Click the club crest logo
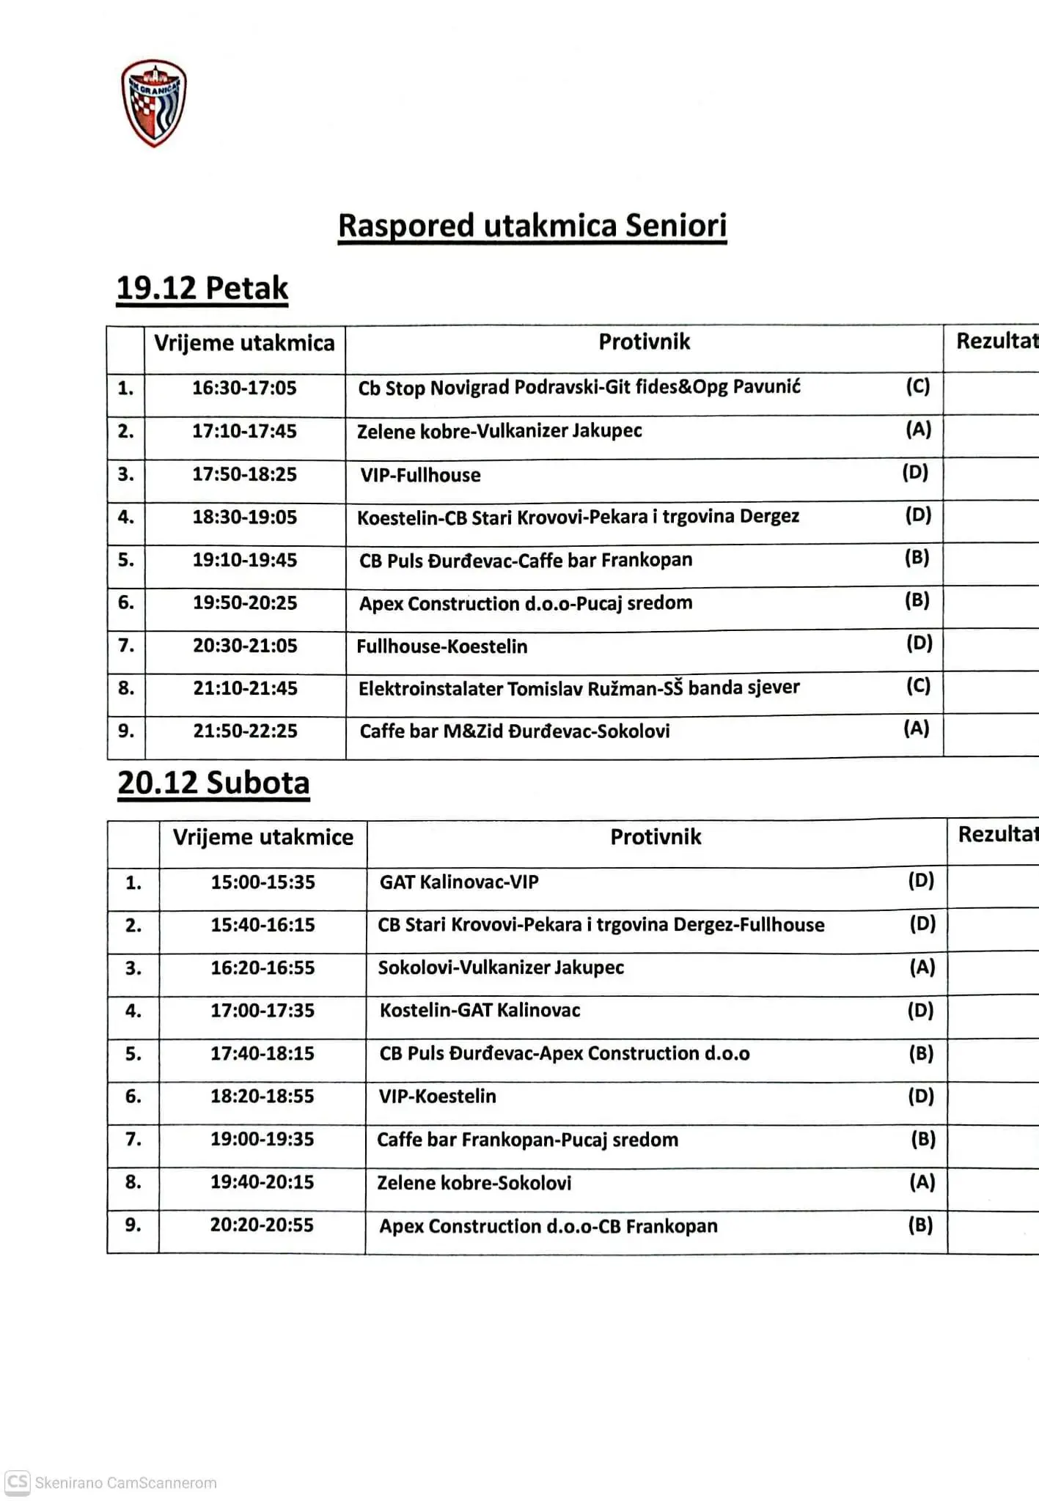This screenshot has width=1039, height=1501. coord(154,103)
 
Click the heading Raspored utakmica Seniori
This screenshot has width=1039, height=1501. coord(532,226)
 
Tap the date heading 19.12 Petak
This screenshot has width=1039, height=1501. coord(202,288)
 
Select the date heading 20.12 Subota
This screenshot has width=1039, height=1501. coord(213,783)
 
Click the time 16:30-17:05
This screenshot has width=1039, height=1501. coord(244,388)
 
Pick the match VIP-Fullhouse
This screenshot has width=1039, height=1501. coord(420,475)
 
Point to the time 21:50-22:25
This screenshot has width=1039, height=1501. coord(245,731)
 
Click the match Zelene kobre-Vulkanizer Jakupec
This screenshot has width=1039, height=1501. coord(499,431)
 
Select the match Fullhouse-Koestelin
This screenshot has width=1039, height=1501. coord(441,646)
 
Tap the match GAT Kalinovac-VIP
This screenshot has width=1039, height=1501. coord(459,882)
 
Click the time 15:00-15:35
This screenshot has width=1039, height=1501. coord(262,882)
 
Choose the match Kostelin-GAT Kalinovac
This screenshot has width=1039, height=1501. coord(480,1011)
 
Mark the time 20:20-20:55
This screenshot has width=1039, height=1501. coord(262,1225)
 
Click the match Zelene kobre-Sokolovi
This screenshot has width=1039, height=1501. coord(474,1183)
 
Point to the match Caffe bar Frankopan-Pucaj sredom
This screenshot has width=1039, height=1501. coord(527,1140)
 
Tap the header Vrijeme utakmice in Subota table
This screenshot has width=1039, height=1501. coord(262,837)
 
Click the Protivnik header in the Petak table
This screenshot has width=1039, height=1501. coord(644,342)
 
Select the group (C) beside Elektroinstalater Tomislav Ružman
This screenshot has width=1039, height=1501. coord(918,686)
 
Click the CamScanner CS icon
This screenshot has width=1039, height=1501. coord(18,1482)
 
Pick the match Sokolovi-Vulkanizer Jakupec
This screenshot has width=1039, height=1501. coord(501,967)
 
